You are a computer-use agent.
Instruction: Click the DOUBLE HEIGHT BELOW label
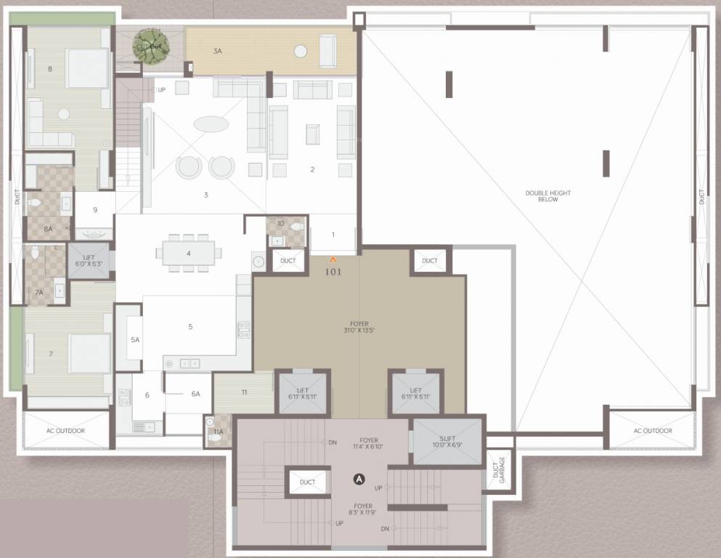[x=548, y=195]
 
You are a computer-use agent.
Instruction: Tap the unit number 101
[x=333, y=272]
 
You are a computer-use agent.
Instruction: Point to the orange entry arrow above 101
[x=333, y=259]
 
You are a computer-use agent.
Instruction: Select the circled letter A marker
[x=358, y=479]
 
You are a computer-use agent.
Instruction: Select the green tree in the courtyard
[x=151, y=45]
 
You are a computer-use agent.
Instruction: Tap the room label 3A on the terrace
[x=217, y=52]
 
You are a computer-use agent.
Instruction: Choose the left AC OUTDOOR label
[x=66, y=431]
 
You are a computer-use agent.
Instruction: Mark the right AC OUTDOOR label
[x=652, y=431]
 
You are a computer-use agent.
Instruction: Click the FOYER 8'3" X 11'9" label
[x=363, y=509]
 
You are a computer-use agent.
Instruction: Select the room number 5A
[x=135, y=339]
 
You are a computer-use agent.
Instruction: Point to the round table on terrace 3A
[x=301, y=51]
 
